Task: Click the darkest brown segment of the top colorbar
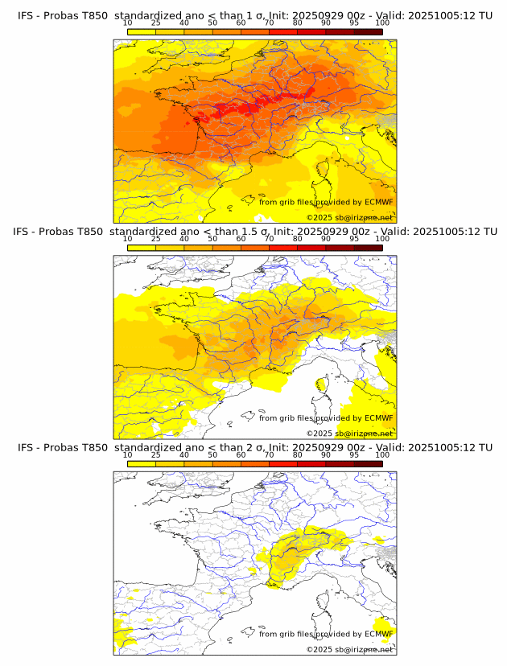pos(368,31)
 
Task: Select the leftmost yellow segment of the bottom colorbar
pos(142,463)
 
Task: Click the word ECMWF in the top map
pos(379,202)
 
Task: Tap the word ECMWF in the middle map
pos(379,417)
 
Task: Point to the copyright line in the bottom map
pos(349,648)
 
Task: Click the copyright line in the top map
pos(349,217)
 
